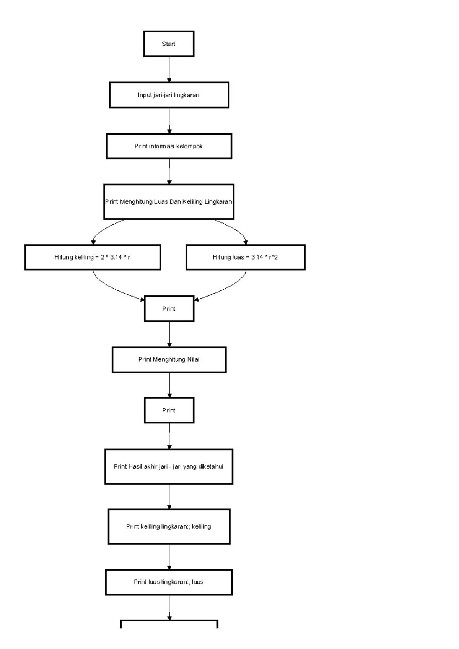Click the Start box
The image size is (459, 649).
pyautogui.click(x=169, y=44)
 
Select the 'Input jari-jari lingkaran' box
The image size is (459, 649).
pyautogui.click(x=169, y=95)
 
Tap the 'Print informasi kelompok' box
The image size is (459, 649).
pyautogui.click(x=169, y=146)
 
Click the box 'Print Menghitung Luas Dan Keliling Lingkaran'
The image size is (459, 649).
pyautogui.click(x=169, y=201)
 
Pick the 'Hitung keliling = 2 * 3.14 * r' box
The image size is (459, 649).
pyautogui.click(x=93, y=257)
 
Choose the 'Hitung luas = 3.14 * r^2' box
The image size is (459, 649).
pyautogui.click(x=245, y=257)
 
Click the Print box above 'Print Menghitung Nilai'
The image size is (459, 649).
pyautogui.click(x=169, y=308)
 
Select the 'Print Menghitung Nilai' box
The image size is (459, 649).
pyautogui.click(x=169, y=359)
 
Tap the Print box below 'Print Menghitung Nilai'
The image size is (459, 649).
pyautogui.click(x=169, y=410)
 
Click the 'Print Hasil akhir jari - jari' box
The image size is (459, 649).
pyautogui.click(x=169, y=466)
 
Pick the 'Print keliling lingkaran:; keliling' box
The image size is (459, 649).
pyautogui.click(x=169, y=526)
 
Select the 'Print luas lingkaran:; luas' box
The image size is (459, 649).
pyautogui.click(x=169, y=582)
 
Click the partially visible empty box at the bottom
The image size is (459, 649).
pyautogui.click(x=169, y=624)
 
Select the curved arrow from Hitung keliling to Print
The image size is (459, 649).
pyautogui.click(x=111, y=289)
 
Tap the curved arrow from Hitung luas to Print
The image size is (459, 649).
pyautogui.click(x=228, y=289)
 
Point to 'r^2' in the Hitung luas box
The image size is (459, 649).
pyautogui.click(x=273, y=257)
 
